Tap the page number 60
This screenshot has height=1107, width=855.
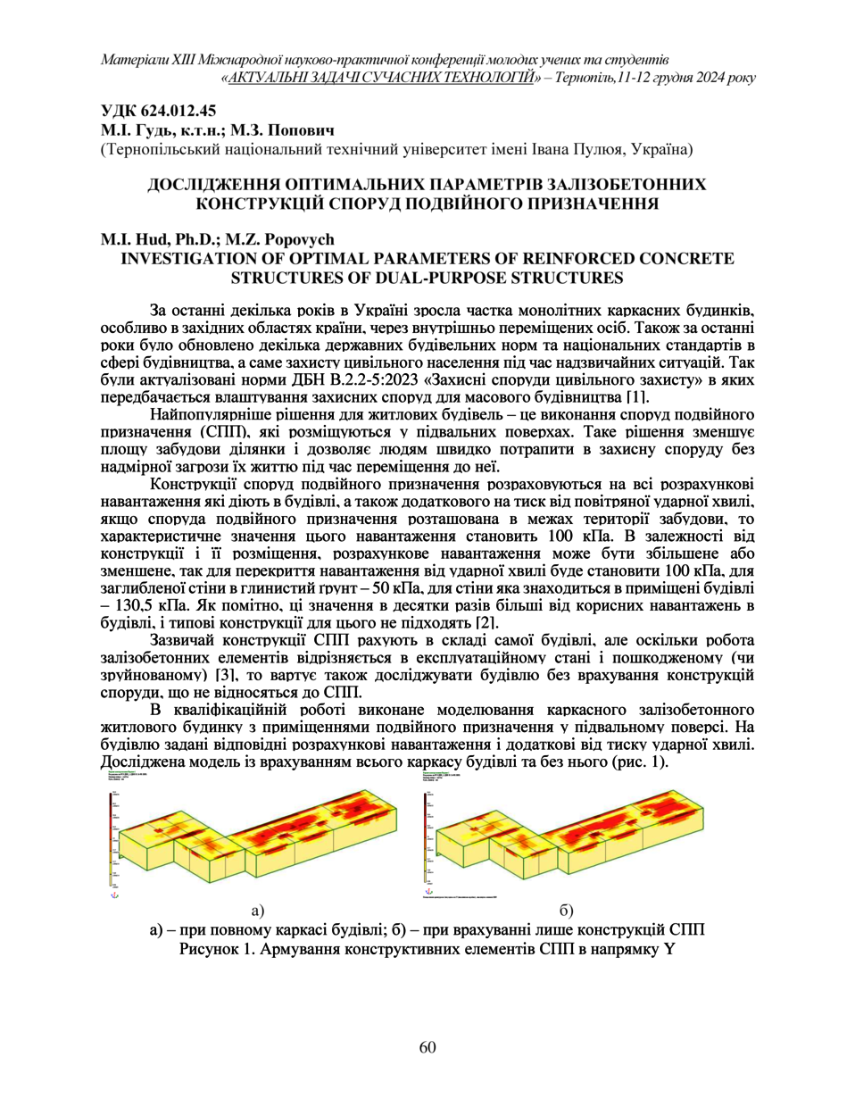(427, 1047)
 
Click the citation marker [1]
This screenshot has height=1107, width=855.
(637, 397)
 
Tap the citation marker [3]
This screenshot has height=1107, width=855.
(227, 675)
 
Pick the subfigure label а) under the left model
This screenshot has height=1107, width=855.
(258, 911)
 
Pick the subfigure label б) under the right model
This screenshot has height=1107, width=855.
(566, 911)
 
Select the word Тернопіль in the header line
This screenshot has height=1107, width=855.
(584, 78)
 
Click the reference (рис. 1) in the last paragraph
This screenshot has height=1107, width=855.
(641, 762)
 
